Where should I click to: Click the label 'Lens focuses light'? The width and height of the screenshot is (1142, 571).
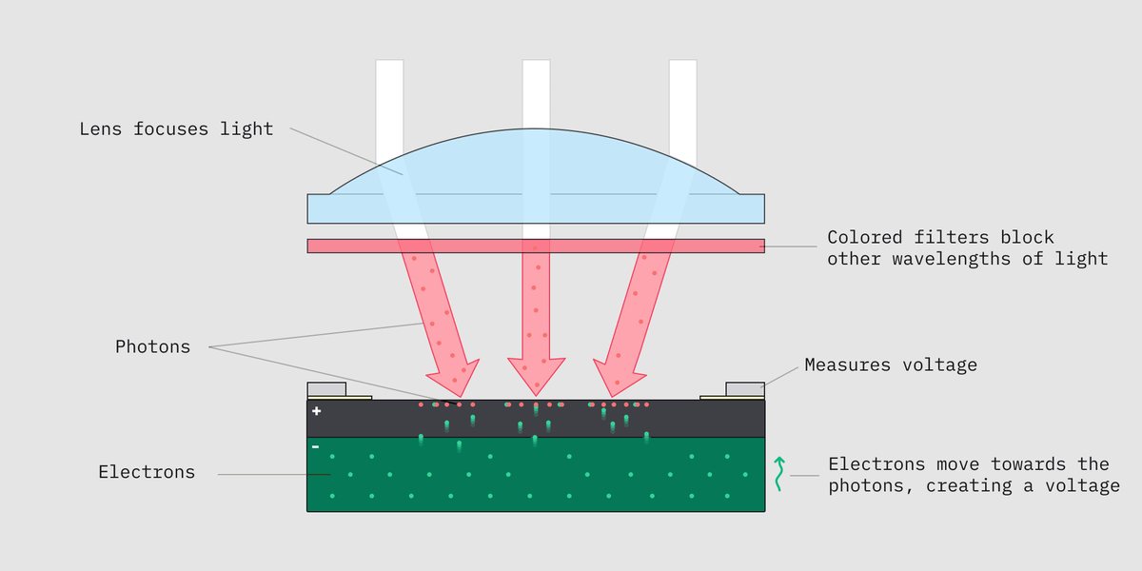coord(176,129)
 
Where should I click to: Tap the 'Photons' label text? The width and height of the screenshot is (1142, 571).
coord(152,346)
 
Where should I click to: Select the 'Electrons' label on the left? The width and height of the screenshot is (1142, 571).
coord(147,472)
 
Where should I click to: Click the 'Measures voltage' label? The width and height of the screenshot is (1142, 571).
coord(891,364)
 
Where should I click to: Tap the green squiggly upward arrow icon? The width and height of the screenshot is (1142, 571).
coord(778,473)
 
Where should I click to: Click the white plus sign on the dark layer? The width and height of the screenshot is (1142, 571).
coord(317,411)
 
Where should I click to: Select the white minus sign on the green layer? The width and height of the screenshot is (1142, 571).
coord(316,446)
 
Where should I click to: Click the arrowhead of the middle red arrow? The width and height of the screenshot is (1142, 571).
coord(537,375)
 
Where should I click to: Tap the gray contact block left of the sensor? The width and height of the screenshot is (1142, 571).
coord(326,388)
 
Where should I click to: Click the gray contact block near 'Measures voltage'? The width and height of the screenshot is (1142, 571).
coord(745,388)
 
